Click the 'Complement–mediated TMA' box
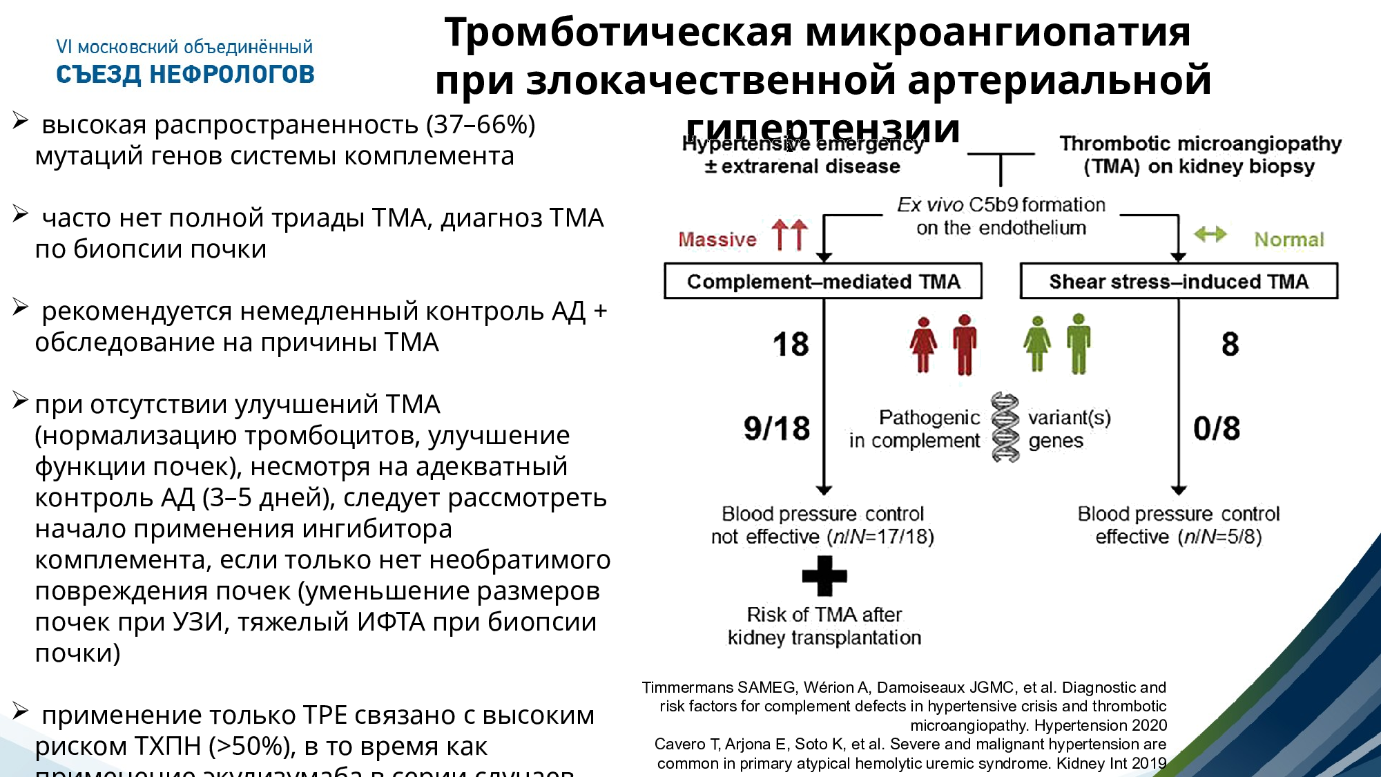(x=822, y=281)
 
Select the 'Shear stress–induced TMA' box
(x=1179, y=281)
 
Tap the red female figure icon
(x=923, y=345)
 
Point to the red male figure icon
(x=965, y=345)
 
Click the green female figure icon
(x=1037, y=344)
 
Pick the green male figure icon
(x=1079, y=343)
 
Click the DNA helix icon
(x=1005, y=427)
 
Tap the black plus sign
(x=824, y=575)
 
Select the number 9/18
(x=777, y=428)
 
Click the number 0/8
(x=1217, y=428)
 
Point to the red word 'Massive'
(x=717, y=239)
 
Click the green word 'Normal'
(x=1289, y=239)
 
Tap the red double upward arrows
(x=790, y=235)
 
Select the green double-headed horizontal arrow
(x=1210, y=235)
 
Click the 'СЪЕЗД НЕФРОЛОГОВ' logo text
(x=185, y=74)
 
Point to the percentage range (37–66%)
(x=481, y=124)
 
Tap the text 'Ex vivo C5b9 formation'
(x=1001, y=204)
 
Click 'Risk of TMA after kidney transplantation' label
(x=824, y=626)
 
